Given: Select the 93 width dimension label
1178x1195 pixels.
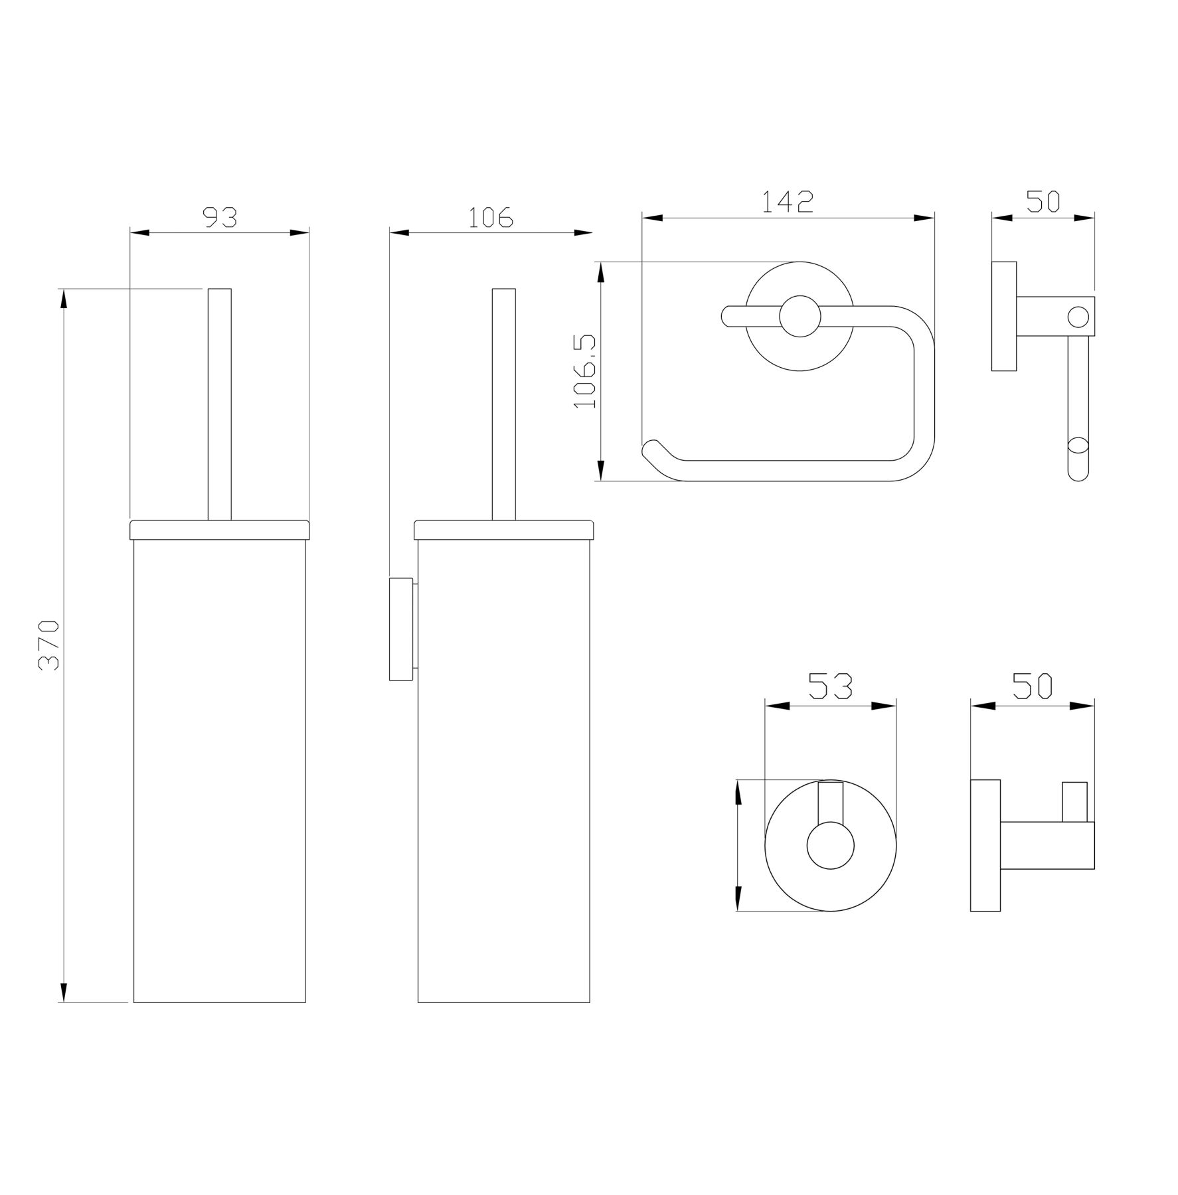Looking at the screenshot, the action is point(219,216).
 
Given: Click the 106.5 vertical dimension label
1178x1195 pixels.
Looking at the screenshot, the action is point(585,372).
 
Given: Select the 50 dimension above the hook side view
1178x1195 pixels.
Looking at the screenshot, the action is point(1032,686).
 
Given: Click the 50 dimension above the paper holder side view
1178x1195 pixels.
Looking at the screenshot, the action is point(1043,201).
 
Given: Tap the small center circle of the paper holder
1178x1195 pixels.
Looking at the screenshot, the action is point(800,316).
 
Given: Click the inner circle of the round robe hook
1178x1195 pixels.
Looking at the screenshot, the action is point(830,845).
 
